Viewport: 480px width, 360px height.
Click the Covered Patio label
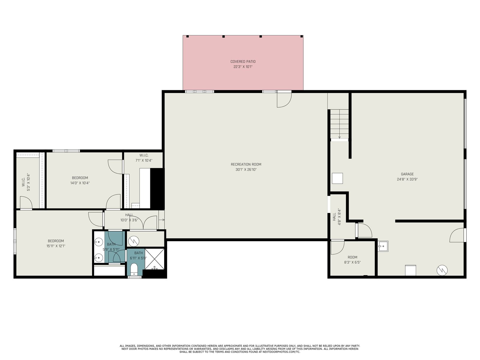(x=243, y=64)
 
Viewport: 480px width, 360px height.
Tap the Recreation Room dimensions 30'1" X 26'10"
(x=246, y=169)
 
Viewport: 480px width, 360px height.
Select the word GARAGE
(x=407, y=174)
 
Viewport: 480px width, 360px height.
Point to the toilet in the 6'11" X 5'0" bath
(x=134, y=269)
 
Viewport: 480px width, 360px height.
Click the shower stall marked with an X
(x=154, y=259)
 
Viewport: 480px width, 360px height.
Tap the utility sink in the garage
(x=383, y=246)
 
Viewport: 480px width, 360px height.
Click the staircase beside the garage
(x=339, y=124)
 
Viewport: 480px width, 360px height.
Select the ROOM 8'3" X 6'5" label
(x=352, y=260)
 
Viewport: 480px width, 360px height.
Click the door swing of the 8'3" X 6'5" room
(x=337, y=247)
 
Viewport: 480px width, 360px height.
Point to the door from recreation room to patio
(x=284, y=100)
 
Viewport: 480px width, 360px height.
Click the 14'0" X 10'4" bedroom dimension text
(x=80, y=183)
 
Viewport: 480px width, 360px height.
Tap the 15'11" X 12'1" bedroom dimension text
(x=56, y=246)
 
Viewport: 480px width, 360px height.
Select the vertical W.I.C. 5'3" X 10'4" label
(x=26, y=182)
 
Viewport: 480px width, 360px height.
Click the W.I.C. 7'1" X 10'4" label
(x=144, y=158)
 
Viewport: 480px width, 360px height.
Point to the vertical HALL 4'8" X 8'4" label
(x=337, y=217)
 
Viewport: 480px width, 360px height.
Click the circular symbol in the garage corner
(x=442, y=270)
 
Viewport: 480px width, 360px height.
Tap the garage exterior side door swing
(x=457, y=235)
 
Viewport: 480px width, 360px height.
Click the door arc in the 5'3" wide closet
(x=26, y=202)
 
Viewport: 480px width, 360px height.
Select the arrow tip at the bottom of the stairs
(x=339, y=138)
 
